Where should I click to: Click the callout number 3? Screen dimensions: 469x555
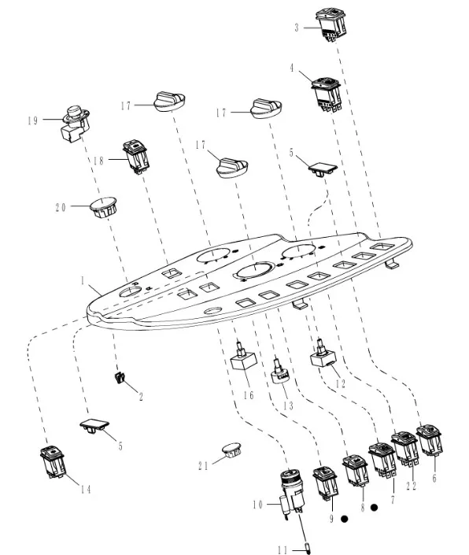(x=297, y=28)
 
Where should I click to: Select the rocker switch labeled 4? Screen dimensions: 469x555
(x=327, y=94)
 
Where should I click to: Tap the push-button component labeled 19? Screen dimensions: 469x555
(x=76, y=123)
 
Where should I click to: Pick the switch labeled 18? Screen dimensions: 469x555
(x=136, y=157)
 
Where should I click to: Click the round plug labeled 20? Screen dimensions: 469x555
(x=103, y=207)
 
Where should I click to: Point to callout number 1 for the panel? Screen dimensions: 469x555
(x=83, y=281)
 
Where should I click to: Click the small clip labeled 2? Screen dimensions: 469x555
(x=120, y=377)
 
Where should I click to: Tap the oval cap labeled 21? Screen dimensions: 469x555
(x=232, y=450)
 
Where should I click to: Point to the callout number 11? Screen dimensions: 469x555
(x=283, y=550)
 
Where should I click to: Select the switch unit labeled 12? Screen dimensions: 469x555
(x=323, y=354)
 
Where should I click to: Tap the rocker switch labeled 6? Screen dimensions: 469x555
(x=430, y=440)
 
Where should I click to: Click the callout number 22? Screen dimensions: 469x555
(x=411, y=486)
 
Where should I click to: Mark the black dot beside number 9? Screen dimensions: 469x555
(x=344, y=519)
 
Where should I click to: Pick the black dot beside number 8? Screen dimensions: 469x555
(x=374, y=508)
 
